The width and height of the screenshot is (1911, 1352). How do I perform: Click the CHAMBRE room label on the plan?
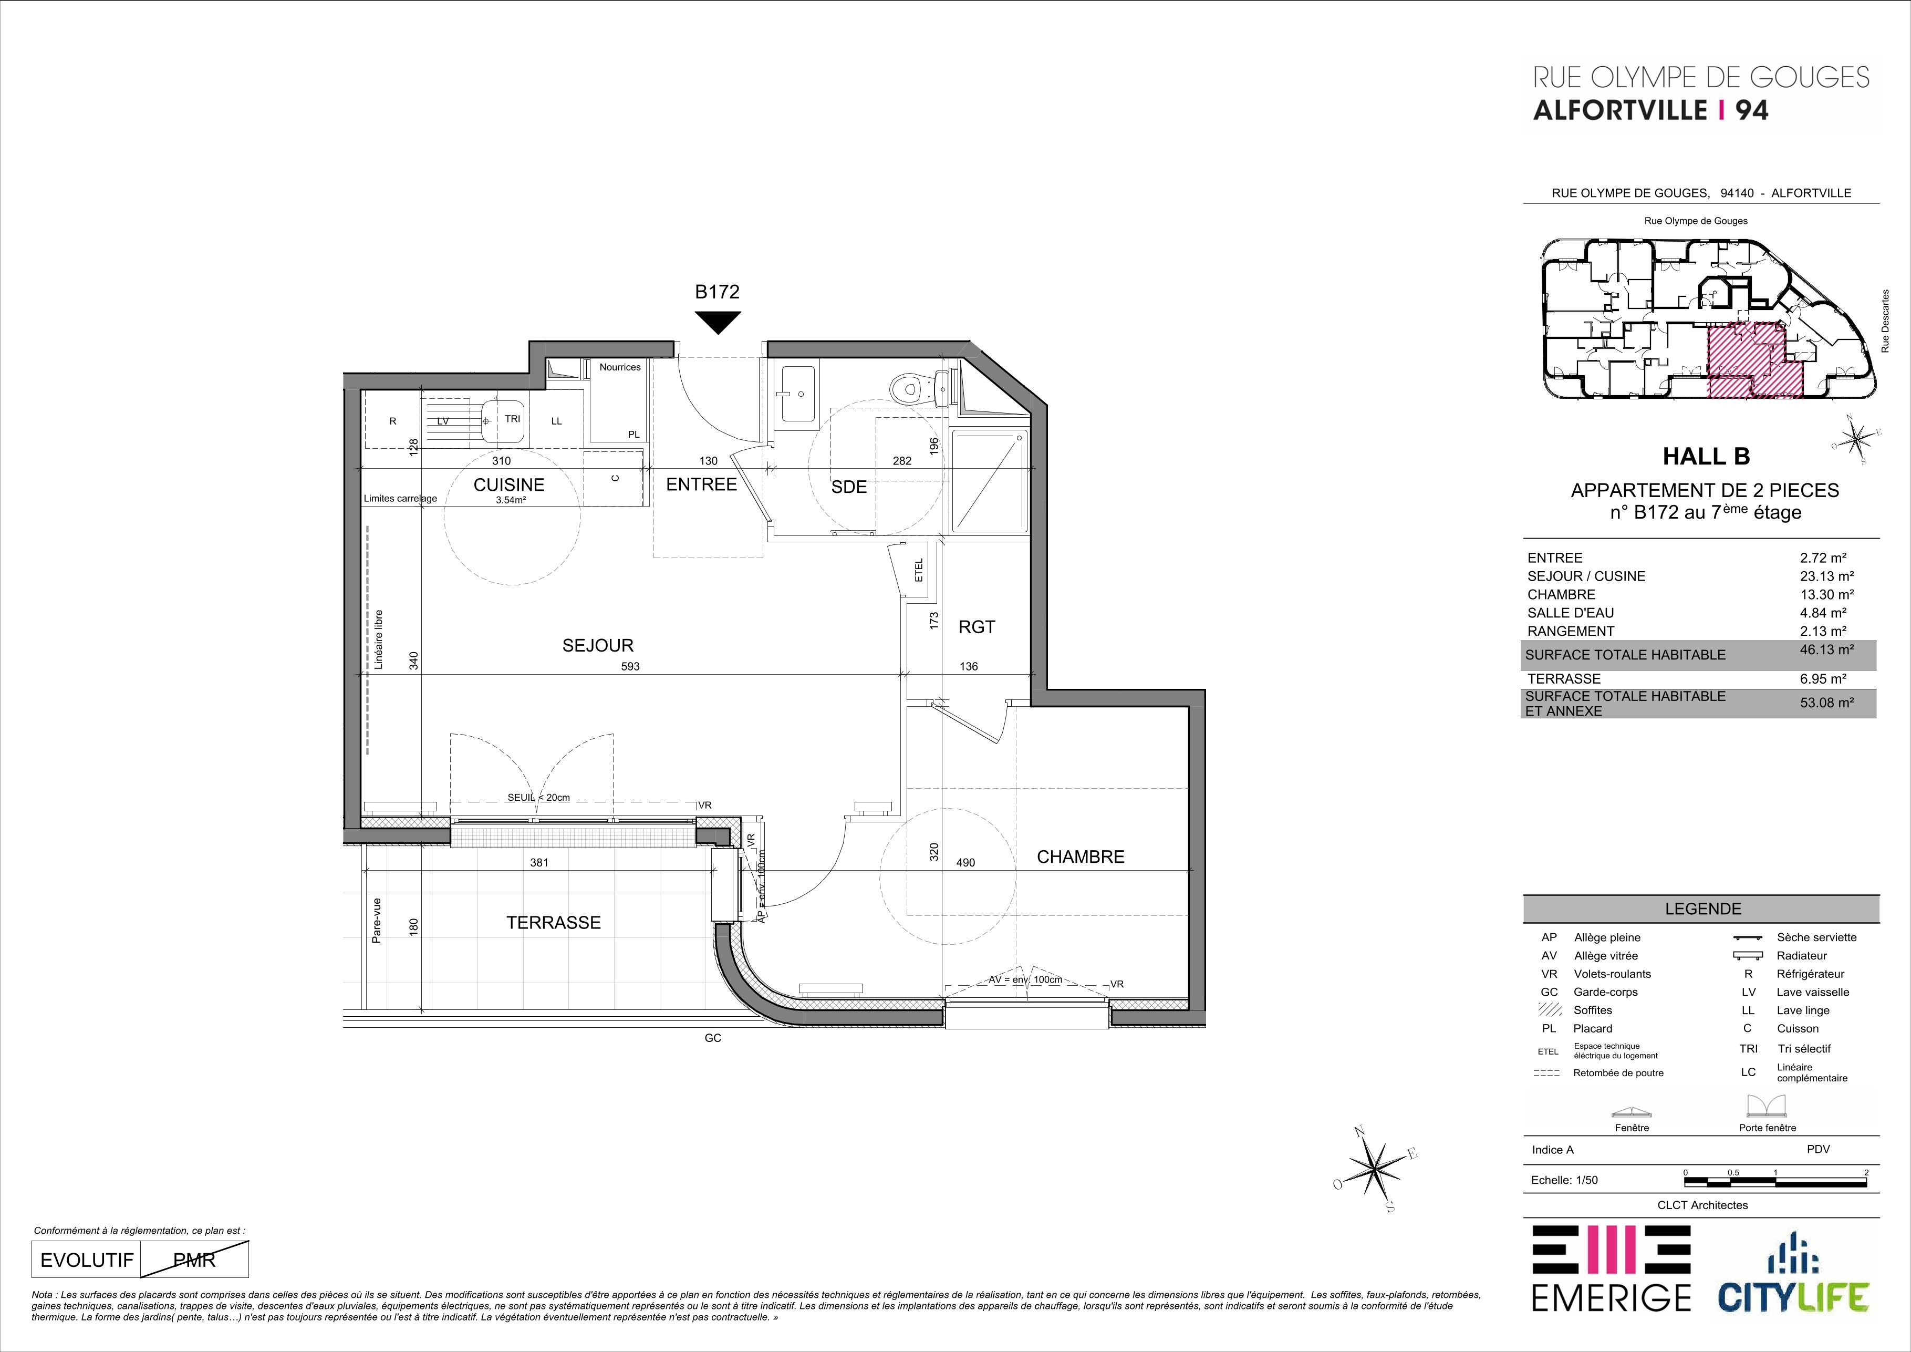(1081, 856)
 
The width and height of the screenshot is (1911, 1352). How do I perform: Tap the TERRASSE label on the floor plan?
(554, 922)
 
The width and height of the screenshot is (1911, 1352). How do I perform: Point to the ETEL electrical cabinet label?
(919, 570)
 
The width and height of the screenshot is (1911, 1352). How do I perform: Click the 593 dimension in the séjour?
(630, 666)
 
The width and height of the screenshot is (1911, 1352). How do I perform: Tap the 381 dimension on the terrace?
(539, 862)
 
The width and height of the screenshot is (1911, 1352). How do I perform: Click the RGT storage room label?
(977, 627)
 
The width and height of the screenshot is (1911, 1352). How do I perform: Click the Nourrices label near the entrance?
(620, 367)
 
